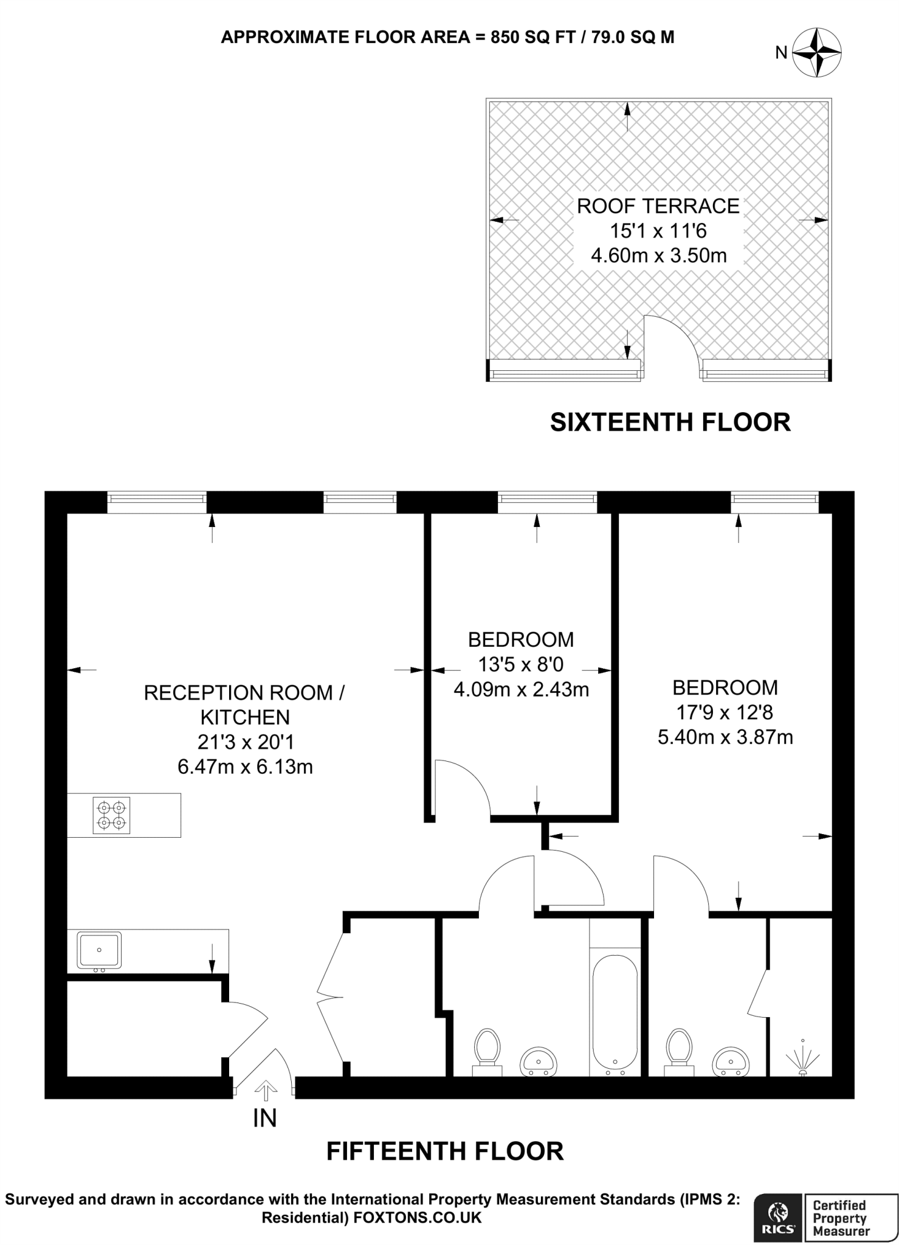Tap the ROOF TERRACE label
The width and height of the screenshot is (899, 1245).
pyautogui.click(x=658, y=206)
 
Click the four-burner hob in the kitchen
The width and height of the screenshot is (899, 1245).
pyautogui.click(x=112, y=815)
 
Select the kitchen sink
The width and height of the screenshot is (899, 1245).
pyautogui.click(x=99, y=950)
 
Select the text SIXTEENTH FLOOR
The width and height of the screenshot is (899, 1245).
pyautogui.click(x=670, y=422)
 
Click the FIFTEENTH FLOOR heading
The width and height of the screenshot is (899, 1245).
pyautogui.click(x=445, y=1151)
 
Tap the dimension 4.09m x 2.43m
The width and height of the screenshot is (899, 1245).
pyautogui.click(x=521, y=689)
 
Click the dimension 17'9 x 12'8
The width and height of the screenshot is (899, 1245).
pyautogui.click(x=725, y=712)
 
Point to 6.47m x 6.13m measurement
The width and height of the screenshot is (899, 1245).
pyautogui.click(x=245, y=767)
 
